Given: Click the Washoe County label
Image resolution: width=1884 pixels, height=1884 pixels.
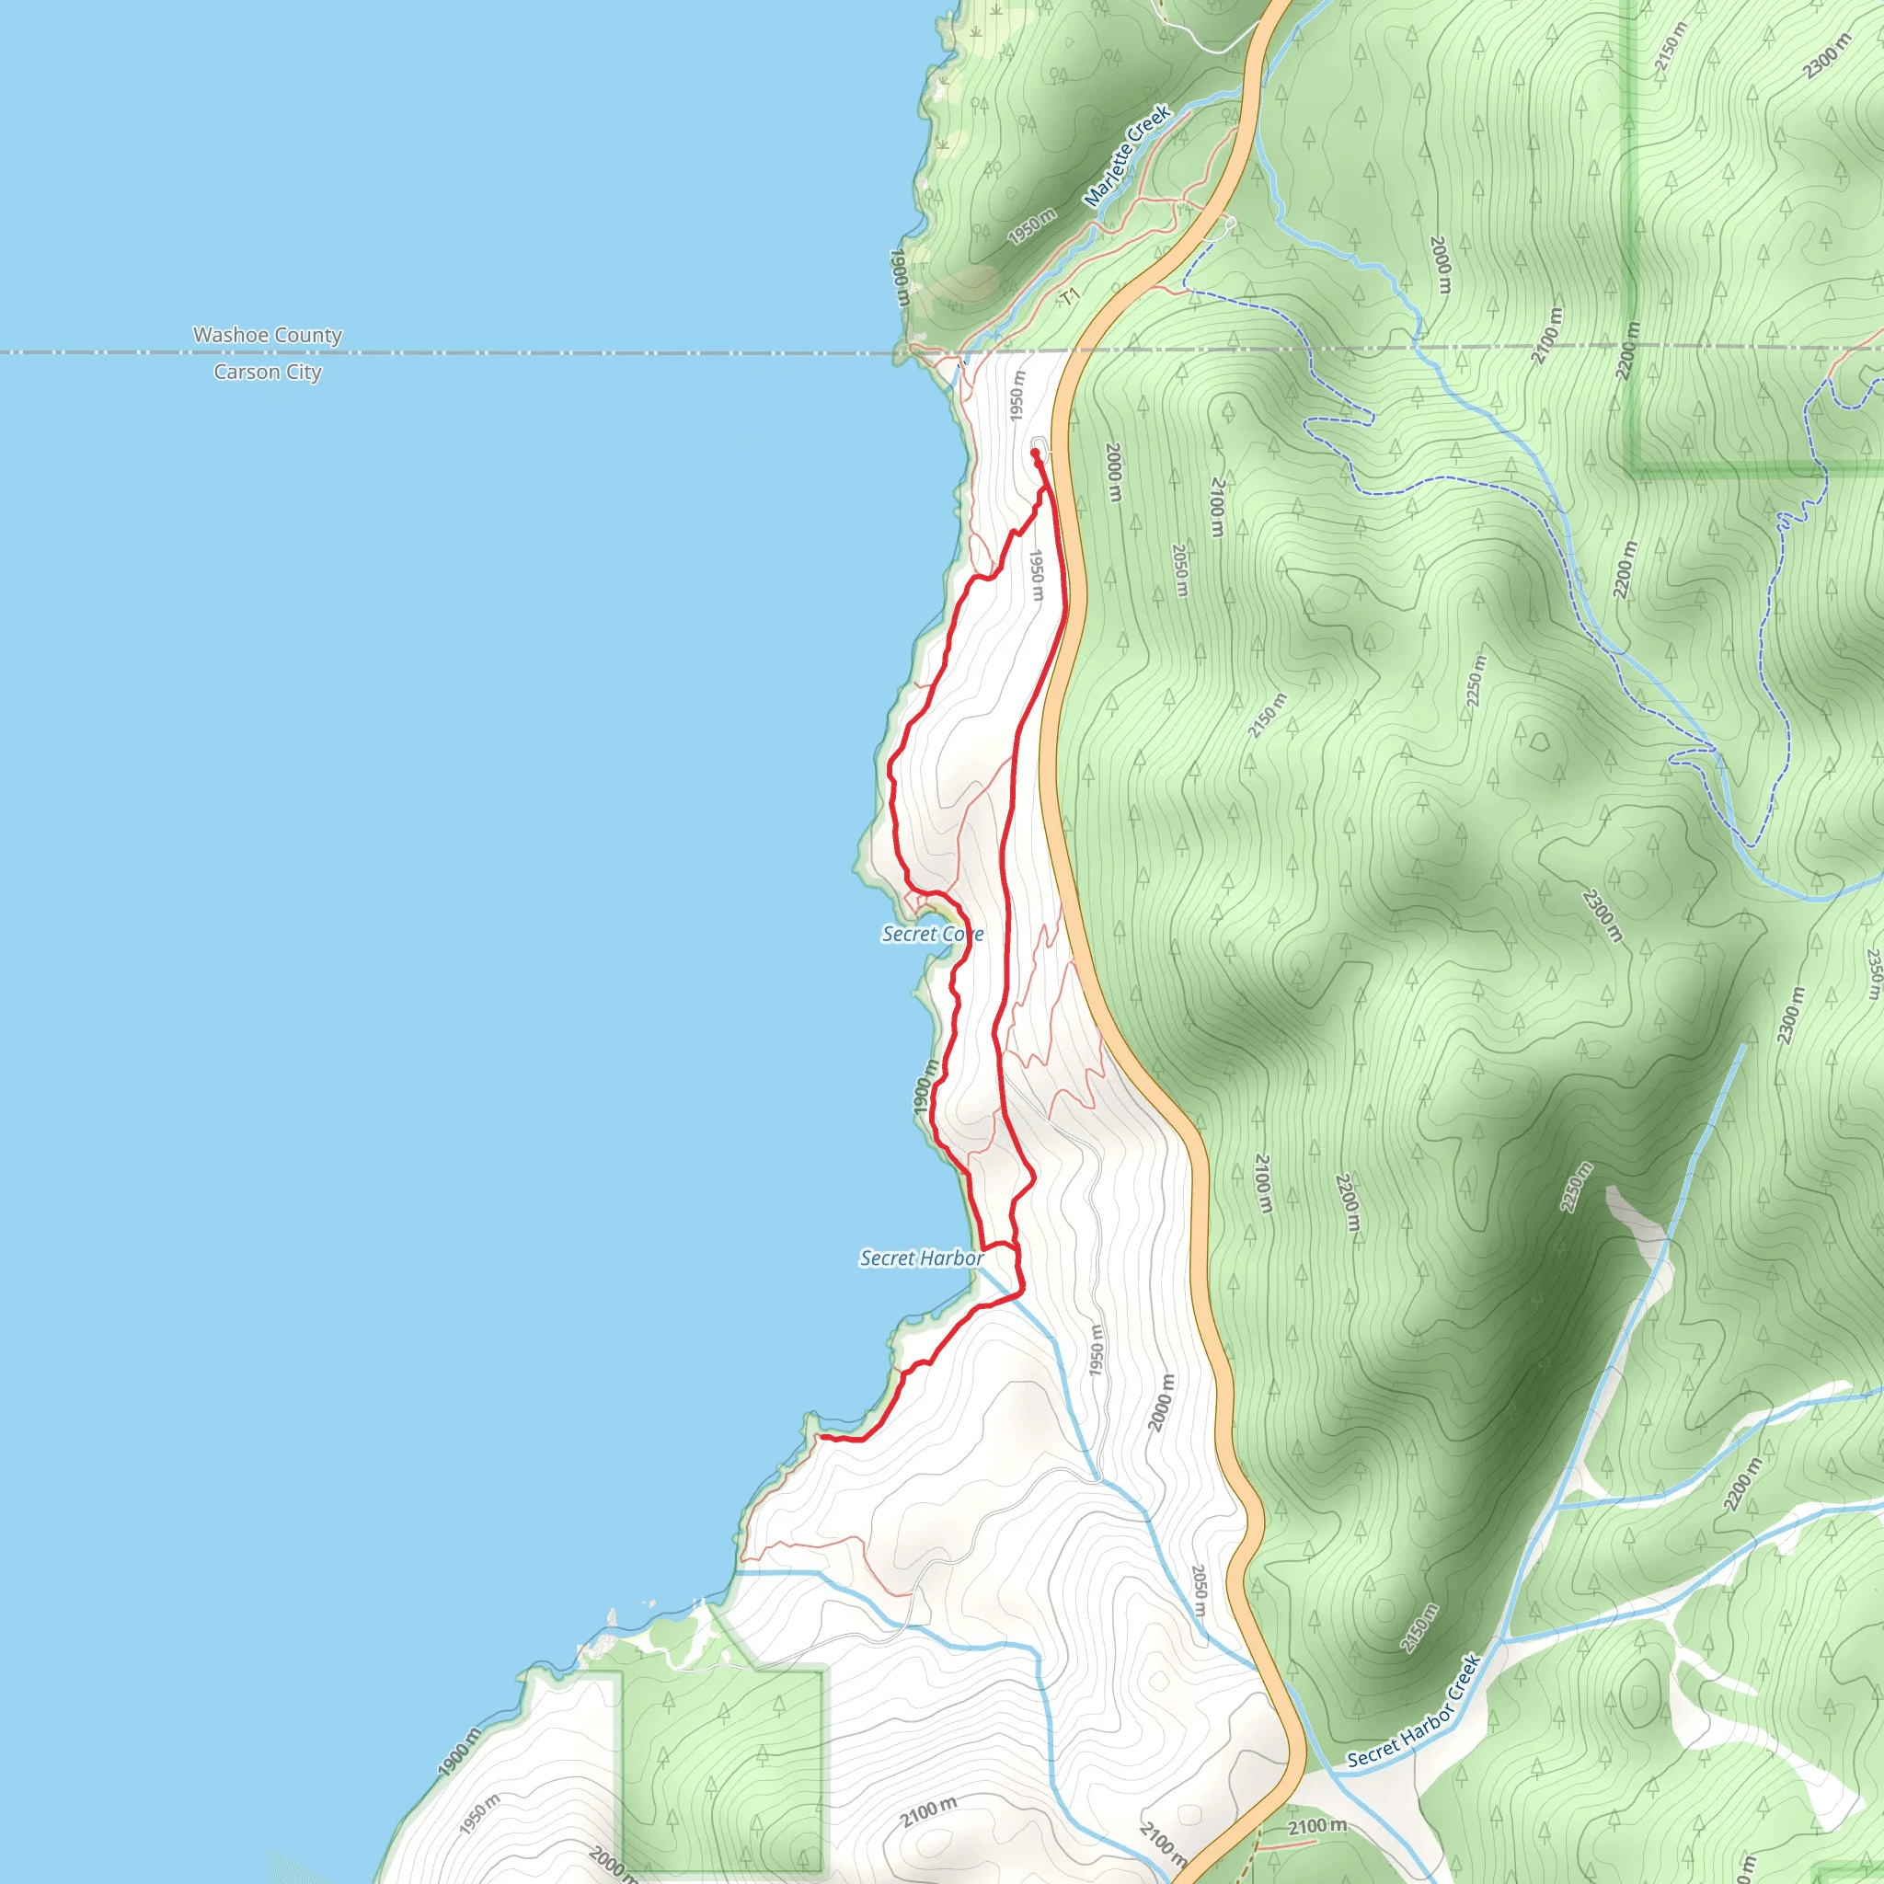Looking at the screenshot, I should coord(267,336).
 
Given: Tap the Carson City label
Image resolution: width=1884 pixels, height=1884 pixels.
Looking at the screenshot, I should coord(267,372).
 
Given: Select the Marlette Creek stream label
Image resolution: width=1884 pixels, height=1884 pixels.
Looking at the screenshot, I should coord(1127,156).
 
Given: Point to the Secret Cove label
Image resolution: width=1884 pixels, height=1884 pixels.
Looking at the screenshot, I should coord(932,935).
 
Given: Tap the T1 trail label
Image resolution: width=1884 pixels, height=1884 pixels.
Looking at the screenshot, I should coord(1071,294).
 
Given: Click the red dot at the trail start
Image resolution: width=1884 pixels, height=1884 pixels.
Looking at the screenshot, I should coord(1035,453).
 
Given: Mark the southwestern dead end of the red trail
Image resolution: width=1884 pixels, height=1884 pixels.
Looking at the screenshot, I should coord(821,1436).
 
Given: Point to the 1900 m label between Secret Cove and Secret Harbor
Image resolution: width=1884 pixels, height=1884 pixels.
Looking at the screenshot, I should coord(925,1086).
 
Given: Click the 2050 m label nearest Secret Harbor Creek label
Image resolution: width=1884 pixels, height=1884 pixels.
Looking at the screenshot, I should coord(1200,1591).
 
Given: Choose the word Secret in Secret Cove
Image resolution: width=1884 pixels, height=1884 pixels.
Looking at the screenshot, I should coord(910,935).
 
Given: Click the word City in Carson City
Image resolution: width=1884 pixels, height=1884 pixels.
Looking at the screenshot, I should coord(304,372).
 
